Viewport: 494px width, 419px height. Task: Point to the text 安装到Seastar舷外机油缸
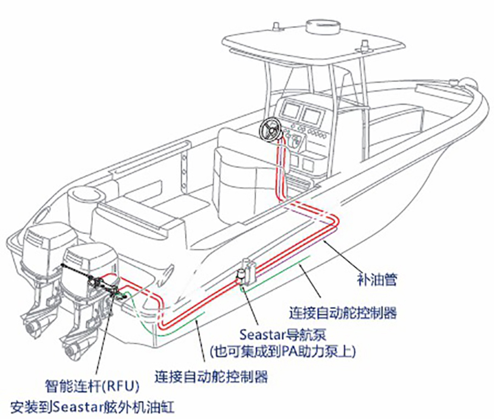[94, 408]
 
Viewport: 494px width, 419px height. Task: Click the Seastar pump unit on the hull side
[245, 273]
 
